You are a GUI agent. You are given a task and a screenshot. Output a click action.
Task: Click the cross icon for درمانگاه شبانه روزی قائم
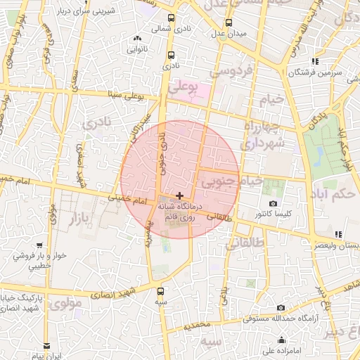(180, 195)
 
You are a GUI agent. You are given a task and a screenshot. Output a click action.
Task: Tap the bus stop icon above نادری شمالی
(172, 19)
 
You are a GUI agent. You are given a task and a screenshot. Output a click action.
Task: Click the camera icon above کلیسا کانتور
(273, 203)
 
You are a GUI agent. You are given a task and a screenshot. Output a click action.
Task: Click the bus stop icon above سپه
(161, 291)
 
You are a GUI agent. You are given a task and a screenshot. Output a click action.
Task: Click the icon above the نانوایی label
(136, 39)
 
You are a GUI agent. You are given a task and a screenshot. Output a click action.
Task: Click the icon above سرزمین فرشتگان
(315, 62)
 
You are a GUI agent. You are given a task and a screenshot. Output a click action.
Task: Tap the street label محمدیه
(198, 326)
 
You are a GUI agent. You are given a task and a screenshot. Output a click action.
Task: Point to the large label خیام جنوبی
(232, 182)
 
